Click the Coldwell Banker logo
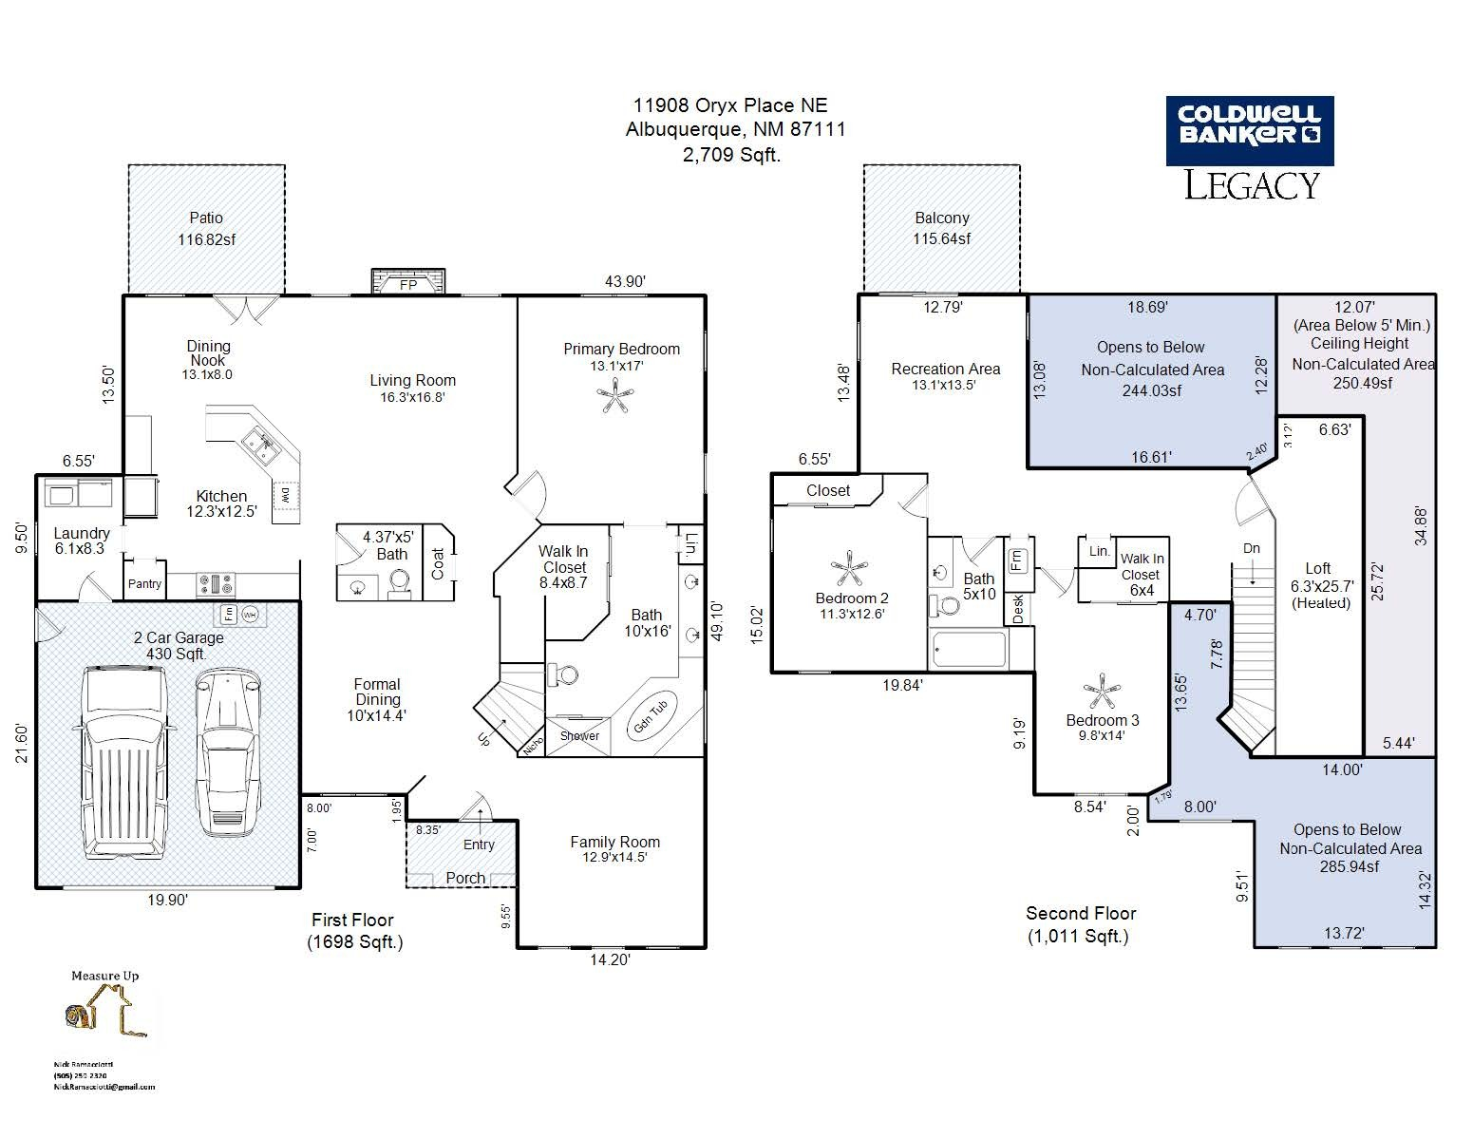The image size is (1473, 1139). pos(1249,130)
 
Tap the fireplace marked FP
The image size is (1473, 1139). pos(408,283)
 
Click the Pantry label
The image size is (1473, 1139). pos(144,584)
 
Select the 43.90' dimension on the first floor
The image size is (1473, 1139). pos(625,281)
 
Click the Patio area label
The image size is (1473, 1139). pos(206,218)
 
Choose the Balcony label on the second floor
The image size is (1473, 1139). pos(941,218)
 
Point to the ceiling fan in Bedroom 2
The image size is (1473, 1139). pos(846,569)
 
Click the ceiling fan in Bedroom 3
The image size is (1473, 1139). pos(1102,692)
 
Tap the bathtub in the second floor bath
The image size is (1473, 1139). pos(969,651)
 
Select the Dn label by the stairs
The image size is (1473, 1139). pos(1252,548)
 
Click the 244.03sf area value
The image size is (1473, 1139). pos(1151,390)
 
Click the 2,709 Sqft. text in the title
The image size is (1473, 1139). pos(731,155)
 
